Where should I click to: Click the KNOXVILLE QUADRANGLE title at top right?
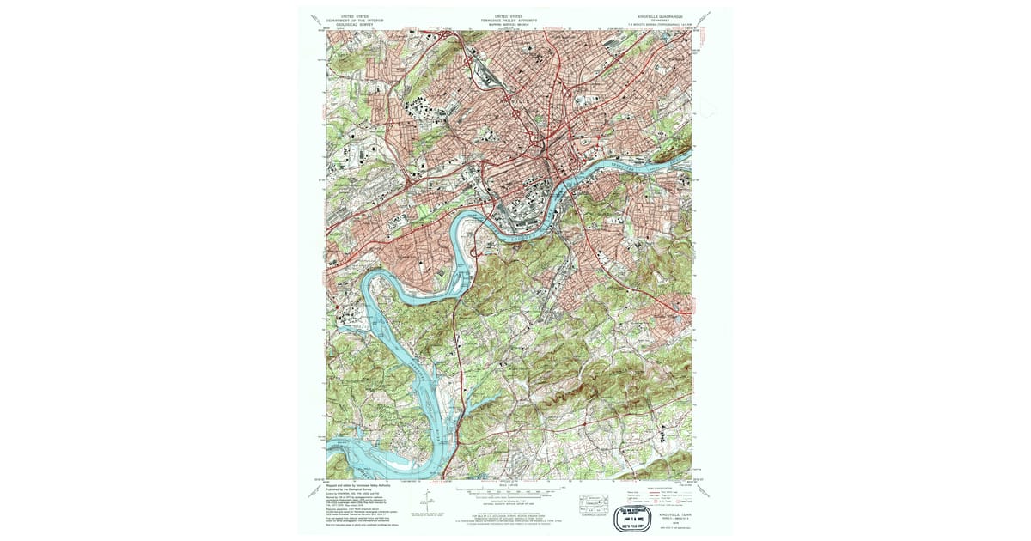[x=659, y=16]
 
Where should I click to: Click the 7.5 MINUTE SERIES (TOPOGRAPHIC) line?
[x=658, y=24]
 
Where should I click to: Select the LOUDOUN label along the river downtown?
[x=524, y=231]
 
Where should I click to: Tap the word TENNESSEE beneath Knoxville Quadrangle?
[x=659, y=21]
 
